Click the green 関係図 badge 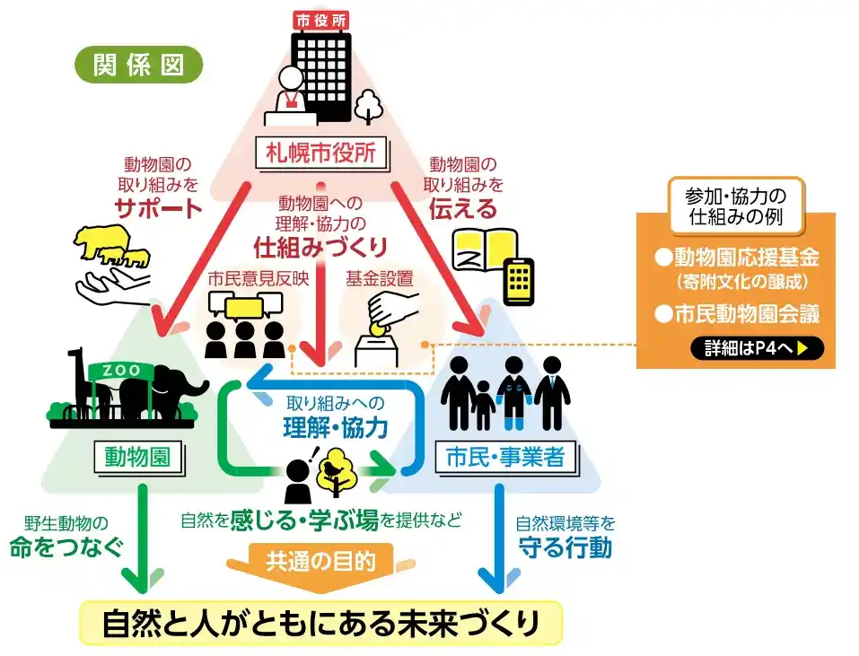pos(138,66)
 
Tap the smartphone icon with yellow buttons pos(518,282)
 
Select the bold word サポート pos(158,209)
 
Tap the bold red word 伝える pos(461,209)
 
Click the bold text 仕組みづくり pos(320,244)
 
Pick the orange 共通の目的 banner pos(320,562)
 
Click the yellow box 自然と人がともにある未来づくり pos(320,622)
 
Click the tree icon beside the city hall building pos(368,106)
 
